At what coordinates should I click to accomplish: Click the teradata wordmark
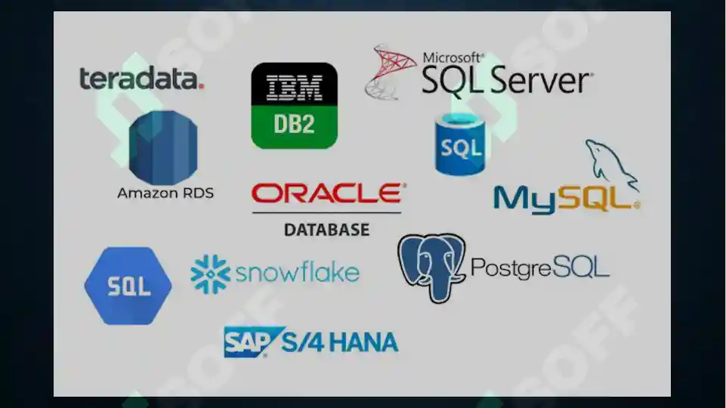tap(142, 78)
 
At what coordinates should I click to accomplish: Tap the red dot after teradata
tap(201, 86)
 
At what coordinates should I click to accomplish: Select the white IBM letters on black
tap(294, 88)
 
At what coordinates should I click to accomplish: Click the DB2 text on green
tap(294, 124)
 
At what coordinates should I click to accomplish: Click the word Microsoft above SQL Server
tap(453, 58)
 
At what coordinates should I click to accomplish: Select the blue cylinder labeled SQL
tap(460, 144)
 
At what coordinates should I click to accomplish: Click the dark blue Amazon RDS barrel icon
tap(163, 147)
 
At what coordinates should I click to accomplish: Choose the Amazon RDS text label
tap(165, 193)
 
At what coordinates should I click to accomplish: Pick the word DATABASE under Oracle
tap(327, 230)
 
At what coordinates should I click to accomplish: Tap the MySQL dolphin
tap(612, 165)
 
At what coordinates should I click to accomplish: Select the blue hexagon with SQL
tap(128, 286)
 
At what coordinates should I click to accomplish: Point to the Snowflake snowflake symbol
tap(210, 274)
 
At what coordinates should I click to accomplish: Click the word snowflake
tap(297, 272)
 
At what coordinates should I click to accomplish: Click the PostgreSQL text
tap(540, 267)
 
